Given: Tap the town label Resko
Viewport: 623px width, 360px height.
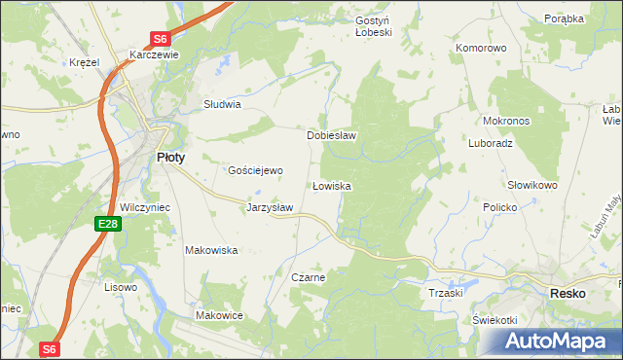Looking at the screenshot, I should tap(567, 293).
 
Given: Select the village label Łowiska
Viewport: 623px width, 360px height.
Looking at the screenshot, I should tap(331, 185).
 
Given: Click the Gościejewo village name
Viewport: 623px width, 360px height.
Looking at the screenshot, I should tap(255, 170).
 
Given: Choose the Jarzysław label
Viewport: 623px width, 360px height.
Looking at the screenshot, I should tap(270, 207).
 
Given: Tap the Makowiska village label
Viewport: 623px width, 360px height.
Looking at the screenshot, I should tap(212, 250).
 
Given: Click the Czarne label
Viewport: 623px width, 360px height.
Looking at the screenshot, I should tap(308, 277).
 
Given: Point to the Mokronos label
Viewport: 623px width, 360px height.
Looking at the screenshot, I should tap(505, 122).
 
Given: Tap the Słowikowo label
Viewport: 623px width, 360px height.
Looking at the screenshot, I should tap(531, 185).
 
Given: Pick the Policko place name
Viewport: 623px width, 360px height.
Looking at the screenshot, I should tap(506, 208).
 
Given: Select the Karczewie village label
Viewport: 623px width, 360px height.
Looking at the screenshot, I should tap(154, 55).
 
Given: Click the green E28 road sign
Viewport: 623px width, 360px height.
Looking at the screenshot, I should tap(108, 225).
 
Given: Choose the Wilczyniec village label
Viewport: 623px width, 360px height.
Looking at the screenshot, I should tap(145, 207).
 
